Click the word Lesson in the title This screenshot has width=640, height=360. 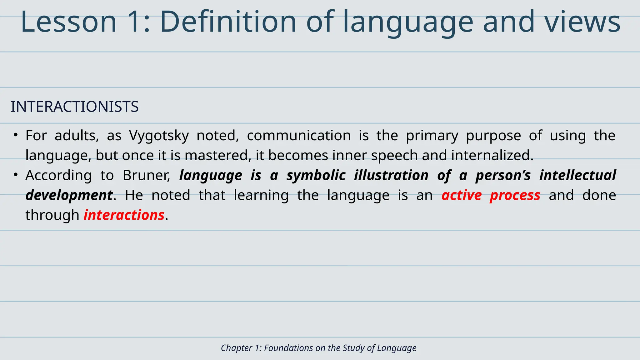pyautogui.click(x=68, y=22)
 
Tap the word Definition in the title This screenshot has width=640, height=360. pyautogui.click(x=228, y=22)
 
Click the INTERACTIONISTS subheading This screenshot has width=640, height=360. pyautogui.click(x=75, y=107)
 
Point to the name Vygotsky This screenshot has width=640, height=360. pyautogui.click(x=159, y=136)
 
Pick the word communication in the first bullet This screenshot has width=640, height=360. pyautogui.click(x=299, y=136)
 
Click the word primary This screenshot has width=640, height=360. pyautogui.click(x=432, y=136)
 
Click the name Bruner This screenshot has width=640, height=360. pyautogui.click(x=146, y=175)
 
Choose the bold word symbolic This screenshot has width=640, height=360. pyautogui.click(x=316, y=175)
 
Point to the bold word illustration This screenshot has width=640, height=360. pyautogui.click(x=391, y=175)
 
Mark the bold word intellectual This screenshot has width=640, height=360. pyautogui.click(x=577, y=175)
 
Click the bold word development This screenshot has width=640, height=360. pyautogui.click(x=69, y=195)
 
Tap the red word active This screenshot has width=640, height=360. pyautogui.click(x=462, y=195)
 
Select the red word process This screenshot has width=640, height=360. pyautogui.click(x=515, y=195)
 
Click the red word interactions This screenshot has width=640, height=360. pyautogui.click(x=124, y=215)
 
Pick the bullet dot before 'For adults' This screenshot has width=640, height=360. pyautogui.click(x=15, y=135)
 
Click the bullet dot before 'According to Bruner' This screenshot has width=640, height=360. pyautogui.click(x=15, y=175)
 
